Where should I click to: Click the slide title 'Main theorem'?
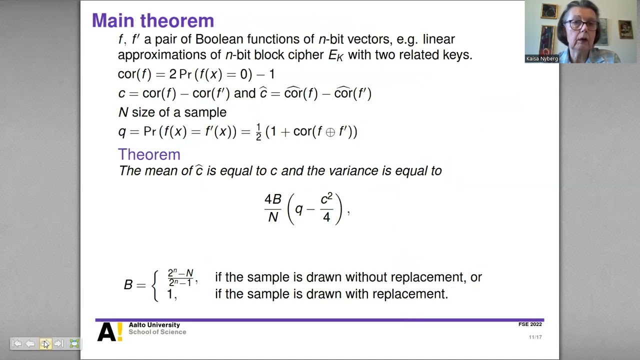(x=153, y=20)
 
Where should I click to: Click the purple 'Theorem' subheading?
(x=149, y=154)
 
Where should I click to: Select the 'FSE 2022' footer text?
(x=530, y=324)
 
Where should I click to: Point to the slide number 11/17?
(x=535, y=337)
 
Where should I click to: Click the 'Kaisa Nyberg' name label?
(x=541, y=58)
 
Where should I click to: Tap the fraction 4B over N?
(x=272, y=207)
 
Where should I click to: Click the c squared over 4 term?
(x=326, y=207)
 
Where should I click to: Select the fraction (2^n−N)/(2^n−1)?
(x=180, y=277)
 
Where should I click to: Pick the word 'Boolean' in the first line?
(x=217, y=39)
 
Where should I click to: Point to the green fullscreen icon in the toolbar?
(x=74, y=343)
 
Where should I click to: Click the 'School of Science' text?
(x=157, y=332)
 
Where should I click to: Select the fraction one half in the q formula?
(x=258, y=132)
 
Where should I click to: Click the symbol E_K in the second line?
(x=335, y=55)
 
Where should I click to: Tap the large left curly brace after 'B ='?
(x=156, y=285)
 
